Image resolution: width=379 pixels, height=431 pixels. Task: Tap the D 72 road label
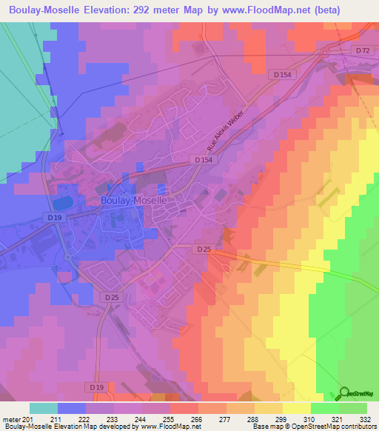(362, 50)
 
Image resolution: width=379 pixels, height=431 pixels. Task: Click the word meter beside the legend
(13, 418)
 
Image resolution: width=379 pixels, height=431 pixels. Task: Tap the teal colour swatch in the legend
(44, 408)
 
